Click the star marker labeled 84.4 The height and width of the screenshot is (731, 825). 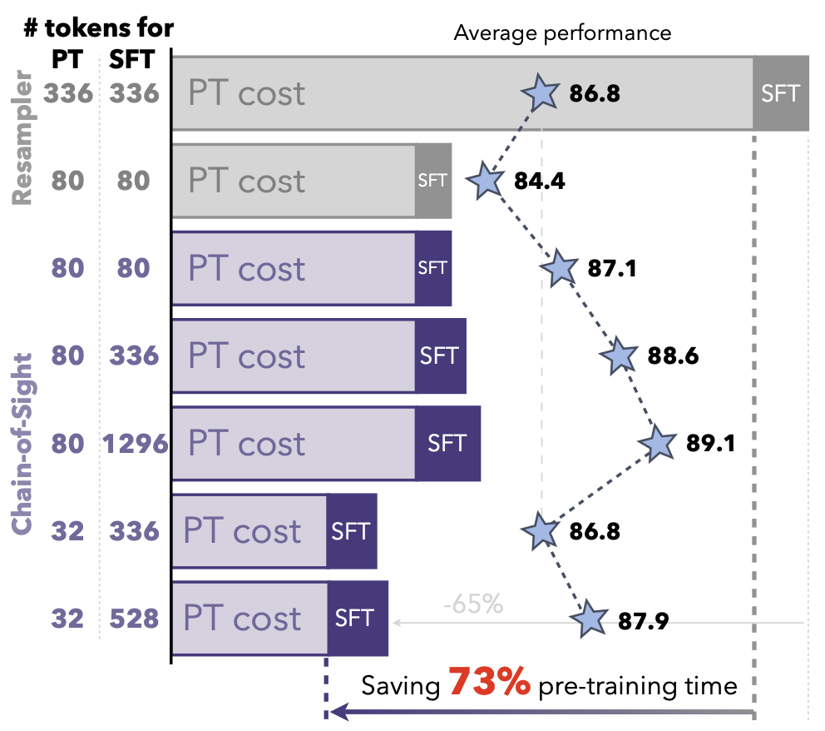pyautogui.click(x=486, y=181)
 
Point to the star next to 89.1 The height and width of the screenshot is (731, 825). pyautogui.click(x=658, y=444)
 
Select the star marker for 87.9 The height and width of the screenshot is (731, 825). pyautogui.click(x=590, y=619)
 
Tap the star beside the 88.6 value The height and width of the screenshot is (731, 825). pyautogui.click(x=620, y=356)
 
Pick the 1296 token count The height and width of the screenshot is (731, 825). pyautogui.click(x=135, y=444)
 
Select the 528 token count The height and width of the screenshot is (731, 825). pyautogui.click(x=135, y=619)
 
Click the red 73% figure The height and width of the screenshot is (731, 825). pyautogui.click(x=490, y=684)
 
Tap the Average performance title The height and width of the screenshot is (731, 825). pyautogui.click(x=562, y=33)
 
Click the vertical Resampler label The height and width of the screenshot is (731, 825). pyautogui.click(x=22, y=137)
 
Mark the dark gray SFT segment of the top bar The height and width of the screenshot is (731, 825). pyautogui.click(x=781, y=93)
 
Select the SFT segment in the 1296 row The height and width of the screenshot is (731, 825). pyautogui.click(x=447, y=444)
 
